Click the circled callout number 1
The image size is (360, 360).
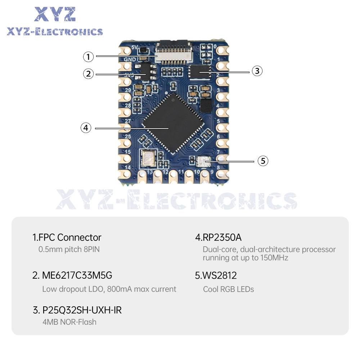pyautogui.click(x=89, y=57)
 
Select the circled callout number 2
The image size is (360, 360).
pyautogui.click(x=89, y=74)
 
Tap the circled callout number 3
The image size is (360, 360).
pyautogui.click(x=256, y=71)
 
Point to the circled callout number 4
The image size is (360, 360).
pyautogui.click(x=86, y=127)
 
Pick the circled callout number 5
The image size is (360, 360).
pyautogui.click(x=263, y=161)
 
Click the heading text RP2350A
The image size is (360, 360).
pyautogui.click(x=219, y=238)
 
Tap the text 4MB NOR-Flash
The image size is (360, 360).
pyautogui.click(x=69, y=322)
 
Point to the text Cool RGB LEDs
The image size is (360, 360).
pyautogui.click(x=229, y=289)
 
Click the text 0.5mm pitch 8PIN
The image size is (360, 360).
pyautogui.click(x=69, y=249)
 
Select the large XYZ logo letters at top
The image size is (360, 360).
pyautogui.click(x=55, y=14)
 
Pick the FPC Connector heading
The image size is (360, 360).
pyautogui.click(x=67, y=238)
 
